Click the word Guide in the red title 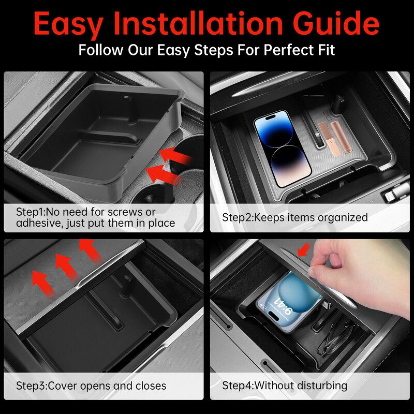(x=336, y=23)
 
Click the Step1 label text (x=31, y=212)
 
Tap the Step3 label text (x=31, y=386)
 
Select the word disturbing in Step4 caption (x=322, y=386)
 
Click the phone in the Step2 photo (x=283, y=148)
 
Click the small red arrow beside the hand (x=304, y=250)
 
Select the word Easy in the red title (x=69, y=24)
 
